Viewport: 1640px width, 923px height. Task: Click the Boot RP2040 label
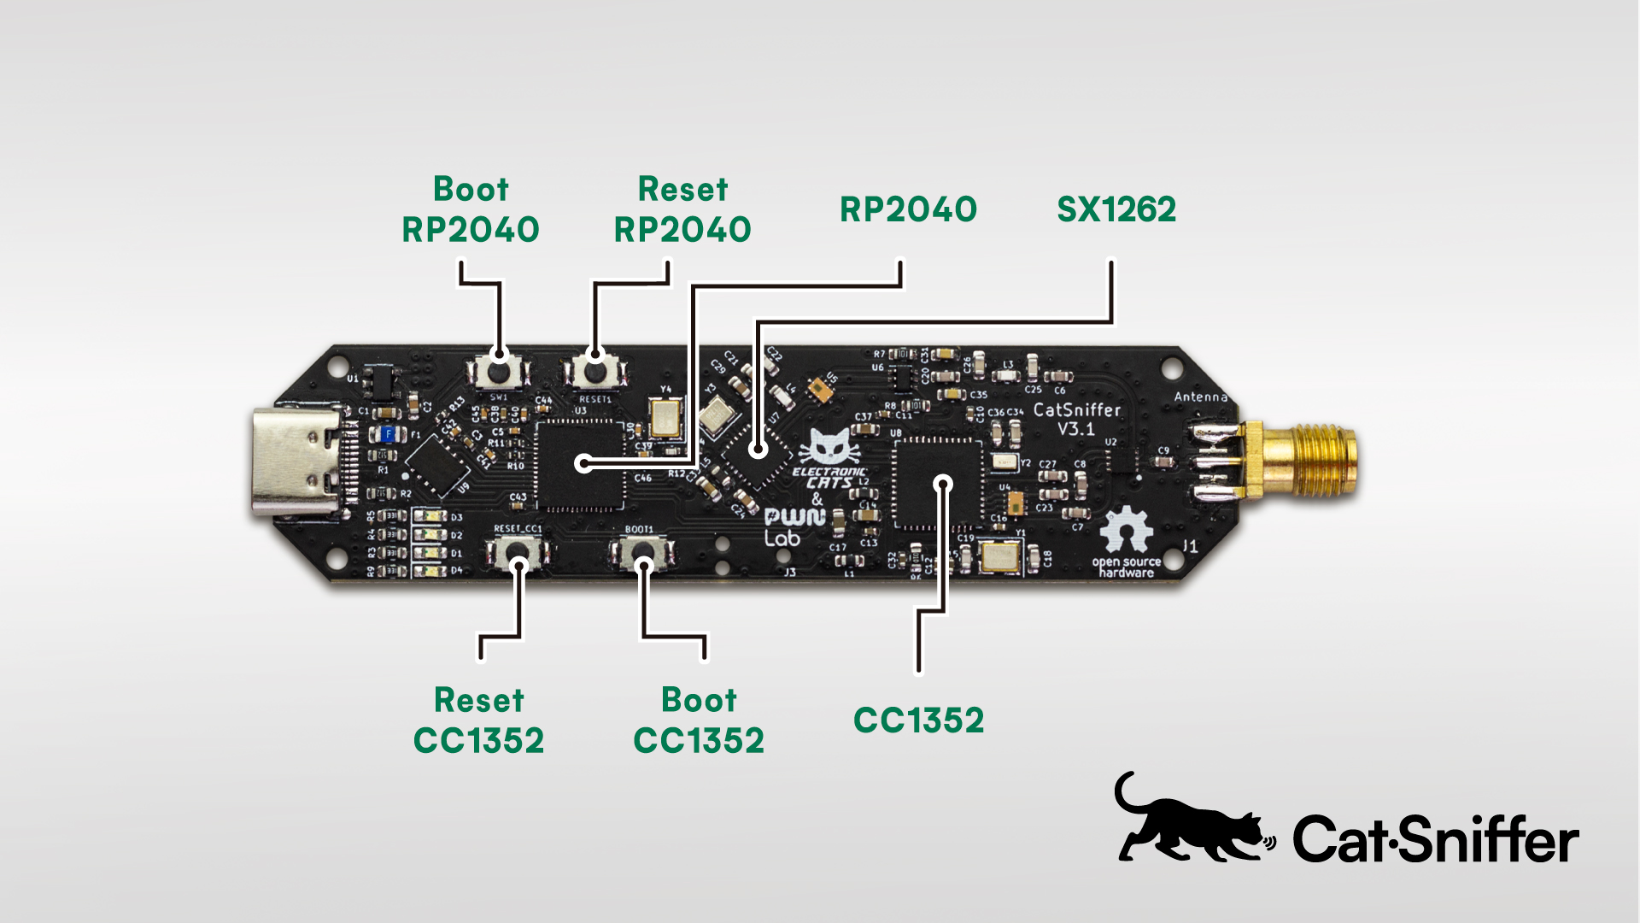coord(471,209)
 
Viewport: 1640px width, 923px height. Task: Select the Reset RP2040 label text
coord(682,209)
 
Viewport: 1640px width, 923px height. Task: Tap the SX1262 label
coord(1116,209)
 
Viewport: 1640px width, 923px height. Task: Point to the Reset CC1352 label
coord(479,720)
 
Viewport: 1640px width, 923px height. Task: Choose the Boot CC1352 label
coord(699,720)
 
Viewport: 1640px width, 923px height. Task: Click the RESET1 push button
coord(594,371)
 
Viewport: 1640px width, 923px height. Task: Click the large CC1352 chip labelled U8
coord(938,485)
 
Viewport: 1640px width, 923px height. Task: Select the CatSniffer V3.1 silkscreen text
coord(1076,419)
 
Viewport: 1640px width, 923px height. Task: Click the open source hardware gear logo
coord(1126,530)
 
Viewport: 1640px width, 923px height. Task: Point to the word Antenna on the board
coord(1200,397)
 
